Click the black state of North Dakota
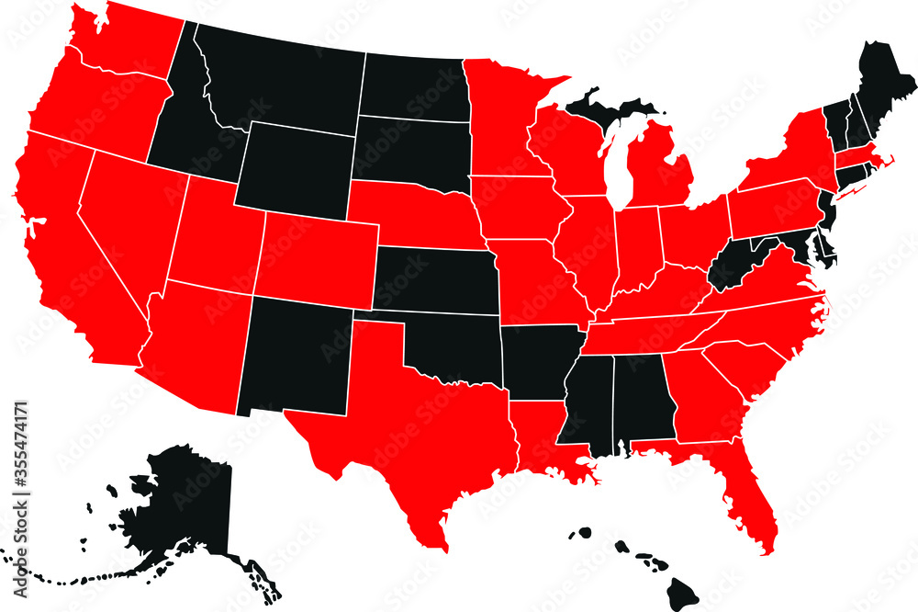pyautogui.click(x=413, y=87)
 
